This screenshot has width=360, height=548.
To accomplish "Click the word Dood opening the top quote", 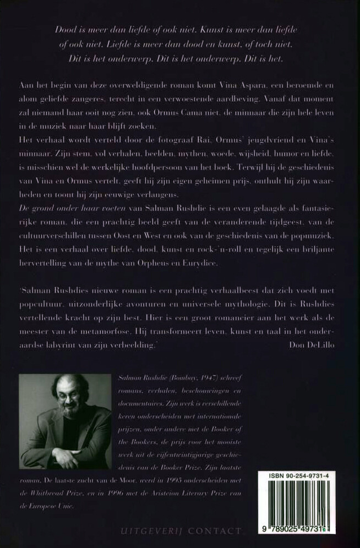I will click(x=66, y=29).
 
